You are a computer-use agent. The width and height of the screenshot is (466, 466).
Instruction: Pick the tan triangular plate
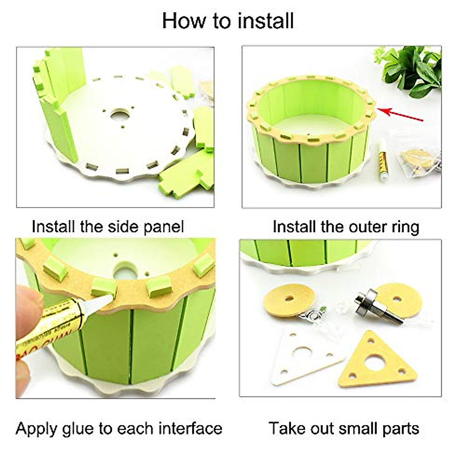pyautogui.click(x=377, y=363)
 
